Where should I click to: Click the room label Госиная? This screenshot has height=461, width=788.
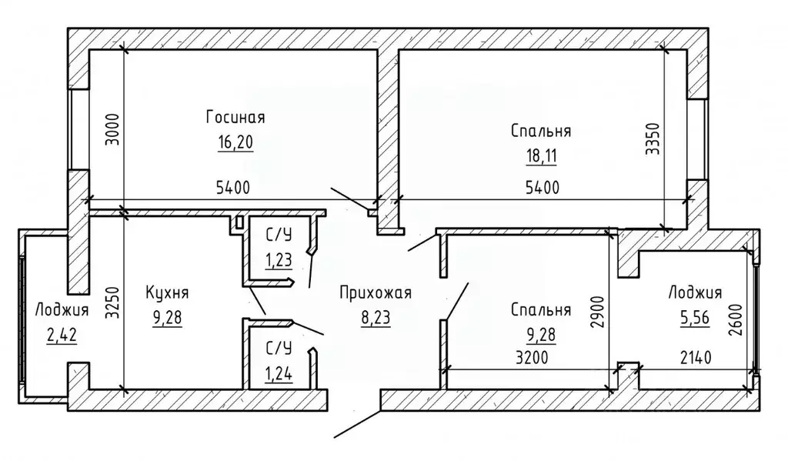(x=235, y=117)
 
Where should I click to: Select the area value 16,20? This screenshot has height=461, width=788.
(x=235, y=142)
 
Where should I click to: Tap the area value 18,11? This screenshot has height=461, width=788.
(x=541, y=155)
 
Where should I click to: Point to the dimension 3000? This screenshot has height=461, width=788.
(x=114, y=130)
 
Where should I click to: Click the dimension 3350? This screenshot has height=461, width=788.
(x=652, y=139)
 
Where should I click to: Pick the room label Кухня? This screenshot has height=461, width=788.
(x=167, y=292)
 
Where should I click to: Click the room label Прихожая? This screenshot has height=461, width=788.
(x=376, y=292)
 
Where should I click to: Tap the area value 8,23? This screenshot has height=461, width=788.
(x=376, y=317)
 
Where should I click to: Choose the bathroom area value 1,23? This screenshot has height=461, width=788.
(x=279, y=260)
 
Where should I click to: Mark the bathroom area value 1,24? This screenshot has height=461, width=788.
(x=279, y=373)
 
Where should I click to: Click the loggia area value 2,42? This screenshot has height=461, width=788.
(x=62, y=335)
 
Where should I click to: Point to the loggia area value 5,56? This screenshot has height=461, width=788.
(x=695, y=317)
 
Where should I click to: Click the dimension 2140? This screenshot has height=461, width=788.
(x=696, y=357)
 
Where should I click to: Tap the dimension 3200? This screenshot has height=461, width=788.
(x=532, y=357)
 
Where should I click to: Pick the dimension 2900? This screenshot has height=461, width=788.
(x=596, y=312)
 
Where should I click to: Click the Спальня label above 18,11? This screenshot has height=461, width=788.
(x=541, y=131)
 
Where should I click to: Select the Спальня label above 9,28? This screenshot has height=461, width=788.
(x=541, y=309)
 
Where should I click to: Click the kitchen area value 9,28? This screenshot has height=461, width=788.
(x=167, y=317)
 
